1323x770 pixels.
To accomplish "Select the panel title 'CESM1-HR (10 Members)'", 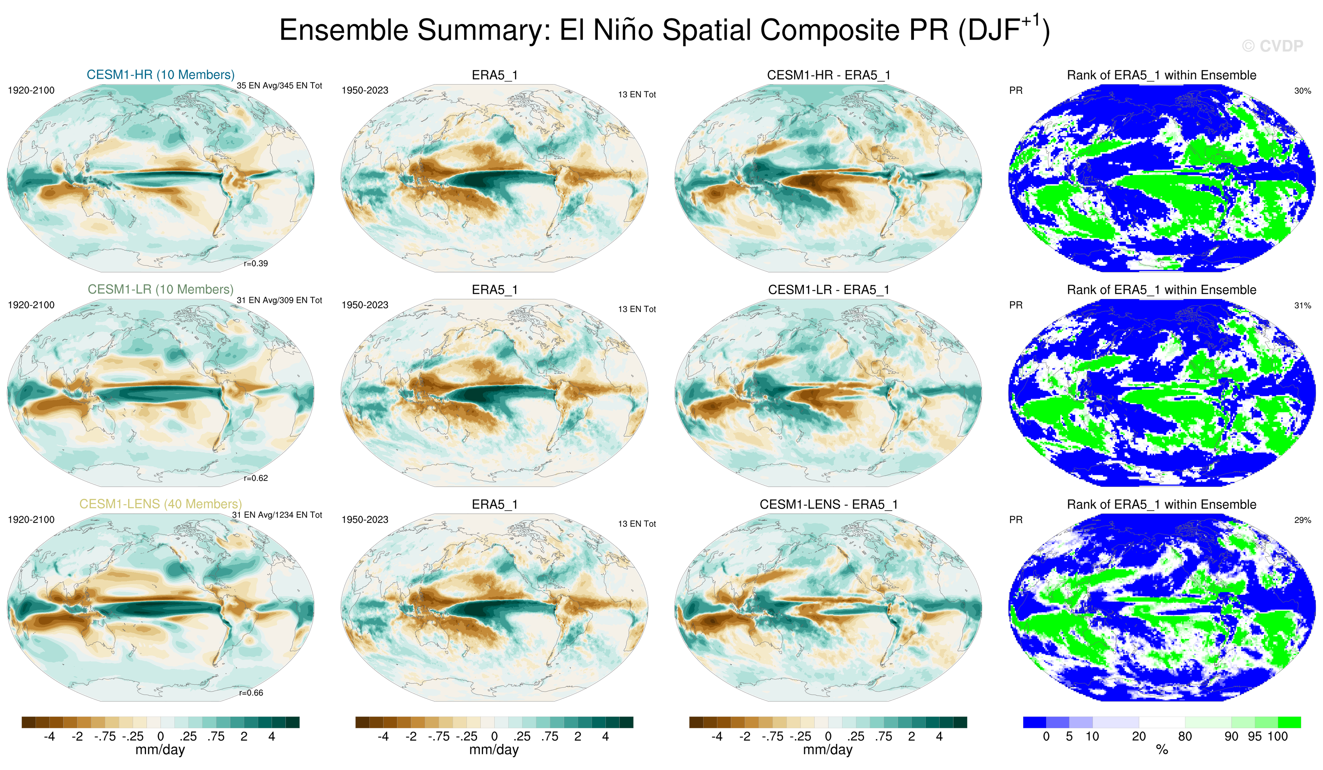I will pyautogui.click(x=161, y=74).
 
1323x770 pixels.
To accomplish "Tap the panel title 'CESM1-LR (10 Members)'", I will pyautogui.click(x=161, y=289).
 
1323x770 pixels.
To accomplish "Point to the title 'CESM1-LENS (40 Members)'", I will pyautogui.click(x=161, y=504).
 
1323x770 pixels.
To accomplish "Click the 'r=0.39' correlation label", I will pyautogui.click(x=256, y=263).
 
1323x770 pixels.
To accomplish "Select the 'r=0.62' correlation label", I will pyautogui.click(x=256, y=478).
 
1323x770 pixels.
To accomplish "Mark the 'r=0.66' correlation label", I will pyautogui.click(x=251, y=693).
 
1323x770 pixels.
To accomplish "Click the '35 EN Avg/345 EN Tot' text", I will pyautogui.click(x=279, y=85).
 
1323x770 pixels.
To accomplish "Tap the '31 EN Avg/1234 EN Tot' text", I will pyautogui.click(x=277, y=515).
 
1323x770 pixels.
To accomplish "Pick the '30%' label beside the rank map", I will pyautogui.click(x=1302, y=91).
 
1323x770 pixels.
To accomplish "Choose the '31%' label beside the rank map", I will pyautogui.click(x=1302, y=305).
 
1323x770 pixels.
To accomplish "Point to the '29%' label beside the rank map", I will pyautogui.click(x=1302, y=520).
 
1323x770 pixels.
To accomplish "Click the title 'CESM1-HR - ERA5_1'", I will pyautogui.click(x=828, y=75).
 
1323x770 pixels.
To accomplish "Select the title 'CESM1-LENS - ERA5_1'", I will pyautogui.click(x=828, y=504).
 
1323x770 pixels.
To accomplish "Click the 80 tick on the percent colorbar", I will pyautogui.click(x=1185, y=736).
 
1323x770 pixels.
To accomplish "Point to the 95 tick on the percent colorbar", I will pyautogui.click(x=1255, y=736).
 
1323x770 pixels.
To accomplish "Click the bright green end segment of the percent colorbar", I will pyautogui.click(x=1289, y=722).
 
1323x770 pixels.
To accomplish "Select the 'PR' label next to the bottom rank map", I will pyautogui.click(x=1016, y=520).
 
